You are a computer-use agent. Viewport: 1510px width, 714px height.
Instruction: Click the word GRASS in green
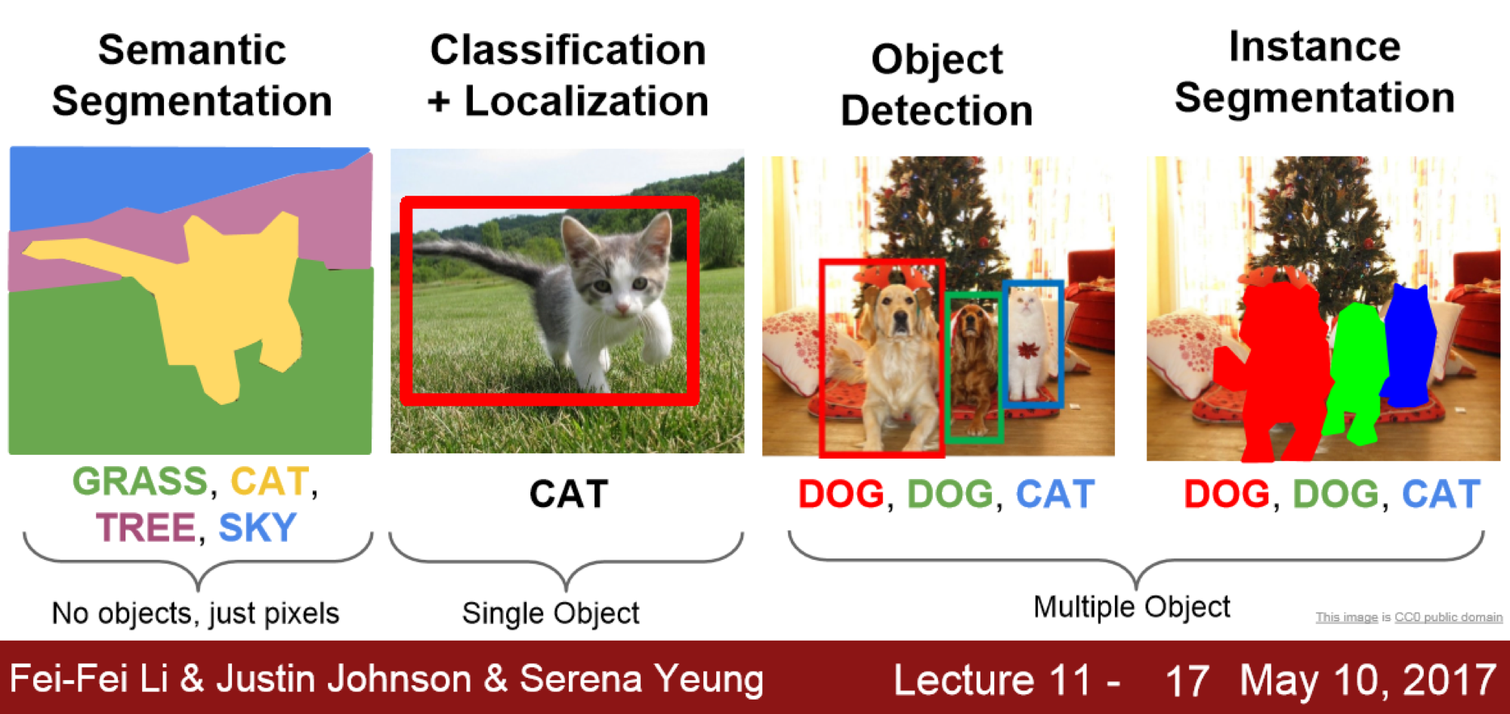pyautogui.click(x=140, y=482)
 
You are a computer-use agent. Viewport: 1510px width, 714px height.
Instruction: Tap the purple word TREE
pyautogui.click(x=146, y=527)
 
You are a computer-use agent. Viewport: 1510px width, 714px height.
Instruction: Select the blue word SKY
pyautogui.click(x=258, y=527)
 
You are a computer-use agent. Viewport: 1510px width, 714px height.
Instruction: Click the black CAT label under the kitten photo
pyautogui.click(x=568, y=495)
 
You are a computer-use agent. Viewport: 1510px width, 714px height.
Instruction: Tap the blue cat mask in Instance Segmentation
pyautogui.click(x=1410, y=344)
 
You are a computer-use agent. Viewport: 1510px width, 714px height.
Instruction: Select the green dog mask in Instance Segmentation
pyautogui.click(x=1357, y=370)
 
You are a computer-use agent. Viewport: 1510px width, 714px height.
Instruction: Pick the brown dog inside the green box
pyautogui.click(x=973, y=355)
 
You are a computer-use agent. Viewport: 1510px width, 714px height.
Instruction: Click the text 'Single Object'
pyautogui.click(x=551, y=614)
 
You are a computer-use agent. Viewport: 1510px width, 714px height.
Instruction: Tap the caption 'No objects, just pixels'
pyautogui.click(x=195, y=614)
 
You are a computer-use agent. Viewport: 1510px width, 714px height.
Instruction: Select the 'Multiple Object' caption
pyautogui.click(x=1131, y=607)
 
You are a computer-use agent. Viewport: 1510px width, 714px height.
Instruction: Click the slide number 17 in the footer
pyautogui.click(x=1187, y=680)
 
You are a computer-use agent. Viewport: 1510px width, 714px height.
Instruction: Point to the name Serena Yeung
pyautogui.click(x=641, y=678)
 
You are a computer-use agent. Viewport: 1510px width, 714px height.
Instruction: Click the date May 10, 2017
pyautogui.click(x=1367, y=680)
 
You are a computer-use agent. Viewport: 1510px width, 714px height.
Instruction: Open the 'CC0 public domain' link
pyautogui.click(x=1448, y=617)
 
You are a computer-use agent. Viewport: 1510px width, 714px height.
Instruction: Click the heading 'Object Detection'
pyautogui.click(x=937, y=85)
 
